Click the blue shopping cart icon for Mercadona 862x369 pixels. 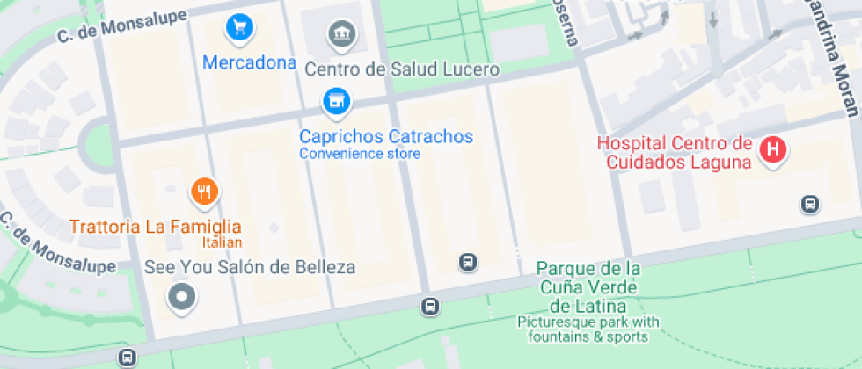(238, 27)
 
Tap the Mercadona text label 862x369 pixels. (249, 63)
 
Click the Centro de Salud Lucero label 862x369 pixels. (402, 69)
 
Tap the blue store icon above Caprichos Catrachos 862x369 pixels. (334, 102)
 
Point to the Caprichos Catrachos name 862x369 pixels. (386, 137)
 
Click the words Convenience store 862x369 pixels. (360, 155)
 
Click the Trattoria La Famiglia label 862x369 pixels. (155, 228)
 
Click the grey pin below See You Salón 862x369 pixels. (182, 297)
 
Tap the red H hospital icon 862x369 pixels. (773, 149)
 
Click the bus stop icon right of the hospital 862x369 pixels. (810, 205)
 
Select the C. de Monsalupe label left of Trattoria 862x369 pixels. (58, 242)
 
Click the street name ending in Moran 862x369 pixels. (835, 57)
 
